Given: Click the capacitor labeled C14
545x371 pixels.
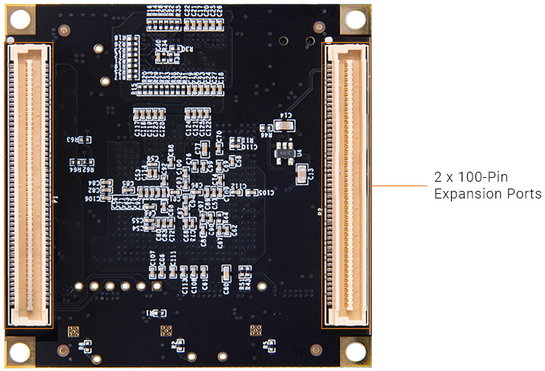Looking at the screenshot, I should click(286, 124).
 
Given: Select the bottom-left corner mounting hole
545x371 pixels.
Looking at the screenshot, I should click(20, 352).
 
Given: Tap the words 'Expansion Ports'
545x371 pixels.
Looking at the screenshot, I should click(488, 194).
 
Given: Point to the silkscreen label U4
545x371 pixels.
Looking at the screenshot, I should click(300, 152).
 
